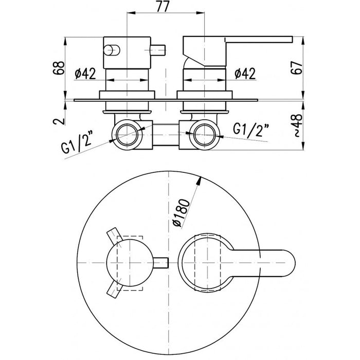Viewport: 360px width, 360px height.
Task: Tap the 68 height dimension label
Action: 58,68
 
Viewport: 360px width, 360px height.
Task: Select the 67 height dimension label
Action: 296,67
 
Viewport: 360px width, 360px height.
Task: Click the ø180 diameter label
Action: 182,212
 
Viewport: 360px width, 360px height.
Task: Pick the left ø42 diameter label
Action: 85,74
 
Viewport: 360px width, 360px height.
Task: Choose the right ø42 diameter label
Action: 245,74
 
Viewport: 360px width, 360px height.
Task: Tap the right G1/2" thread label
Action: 250,130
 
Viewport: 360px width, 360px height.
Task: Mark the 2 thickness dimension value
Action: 58,121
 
